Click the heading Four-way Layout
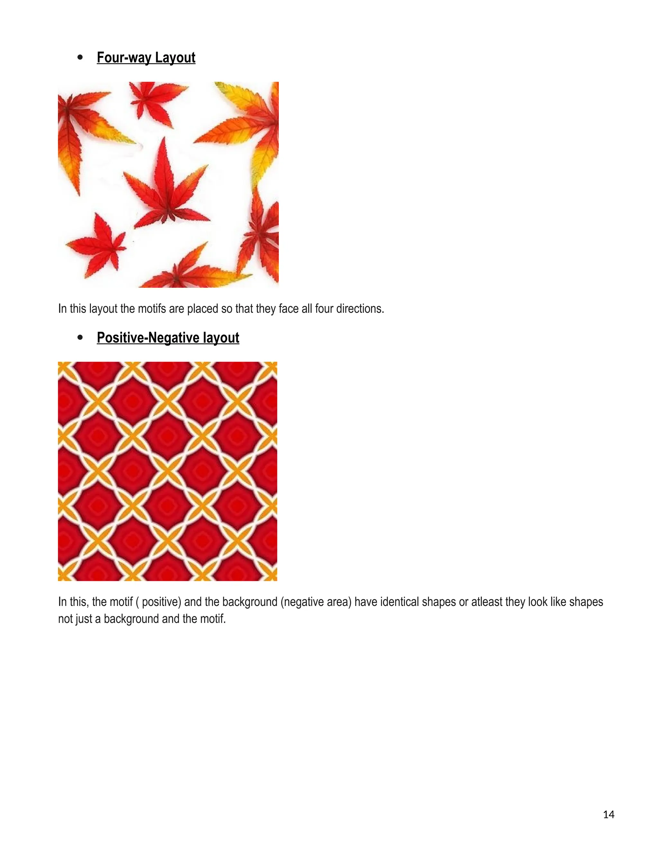[146, 58]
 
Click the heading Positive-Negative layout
[168, 338]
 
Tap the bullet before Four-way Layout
[80, 58]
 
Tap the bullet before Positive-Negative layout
[80, 338]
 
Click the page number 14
[609, 814]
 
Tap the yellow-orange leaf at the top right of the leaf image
[249, 117]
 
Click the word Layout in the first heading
[175, 58]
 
